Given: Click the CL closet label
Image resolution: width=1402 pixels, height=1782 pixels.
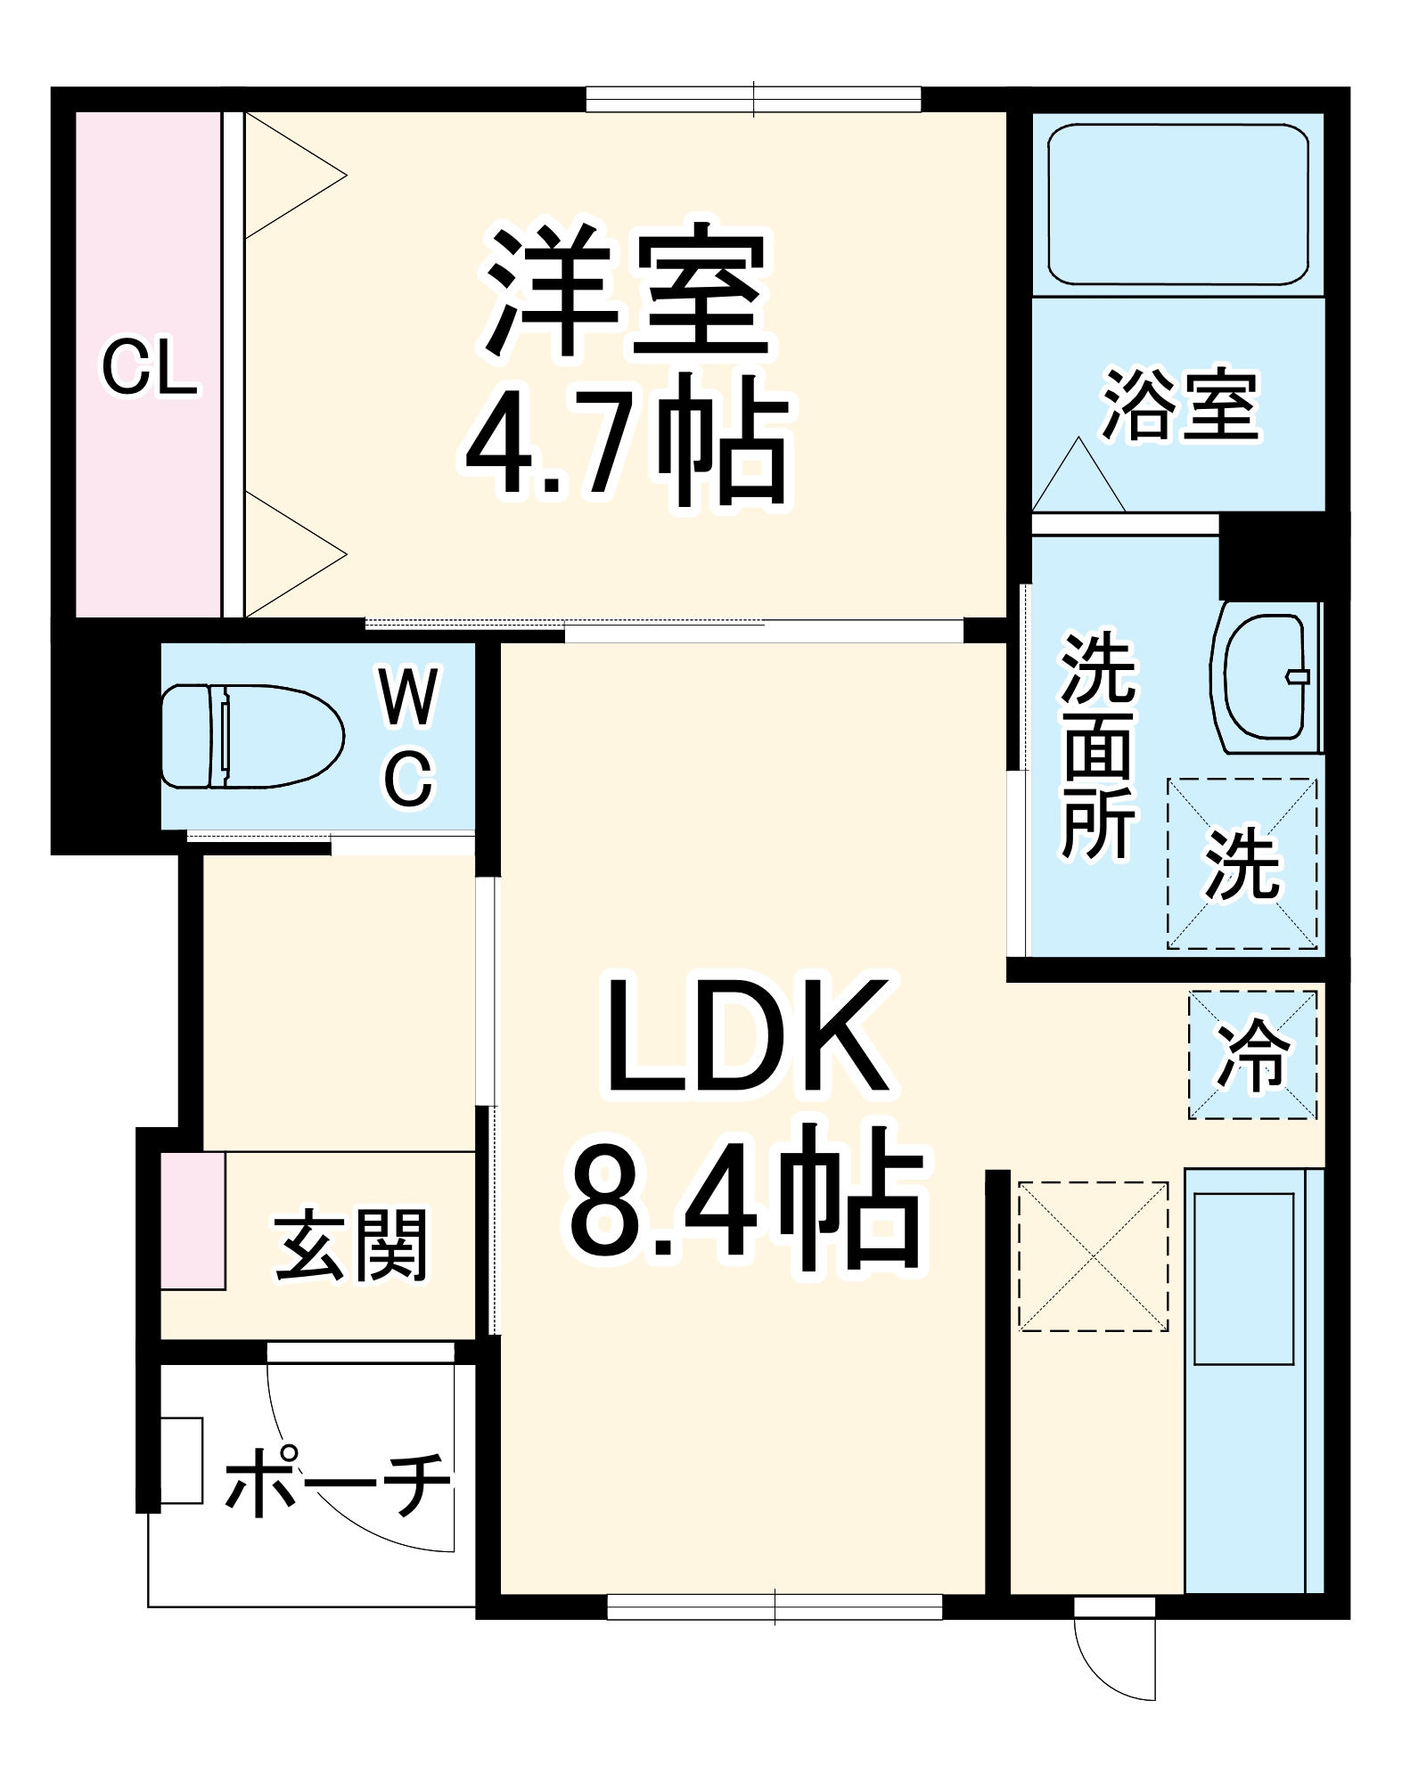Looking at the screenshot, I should [x=149, y=368].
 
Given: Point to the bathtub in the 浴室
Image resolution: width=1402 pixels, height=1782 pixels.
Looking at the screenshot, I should [x=1177, y=204].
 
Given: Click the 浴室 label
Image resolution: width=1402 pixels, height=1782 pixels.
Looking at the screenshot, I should [x=1180, y=405].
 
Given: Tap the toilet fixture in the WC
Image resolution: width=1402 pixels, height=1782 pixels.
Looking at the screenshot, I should [x=252, y=736].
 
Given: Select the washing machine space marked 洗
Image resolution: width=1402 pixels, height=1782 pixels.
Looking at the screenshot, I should [x=1242, y=862].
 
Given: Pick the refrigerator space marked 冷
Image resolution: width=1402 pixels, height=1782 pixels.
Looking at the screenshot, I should [x=1252, y=1055].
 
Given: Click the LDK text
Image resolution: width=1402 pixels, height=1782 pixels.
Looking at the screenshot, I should [x=747, y=1038].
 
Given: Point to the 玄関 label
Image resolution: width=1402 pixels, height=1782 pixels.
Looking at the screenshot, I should [x=351, y=1244].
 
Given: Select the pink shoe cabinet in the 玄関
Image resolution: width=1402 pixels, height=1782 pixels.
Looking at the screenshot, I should [x=193, y=1221].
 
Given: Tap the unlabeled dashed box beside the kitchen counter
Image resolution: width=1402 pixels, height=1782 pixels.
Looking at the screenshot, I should [x=1093, y=1256].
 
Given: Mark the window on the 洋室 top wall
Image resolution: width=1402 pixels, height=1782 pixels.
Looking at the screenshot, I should [x=753, y=99].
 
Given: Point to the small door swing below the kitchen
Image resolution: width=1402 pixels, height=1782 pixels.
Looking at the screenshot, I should [x=1114, y=1653].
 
